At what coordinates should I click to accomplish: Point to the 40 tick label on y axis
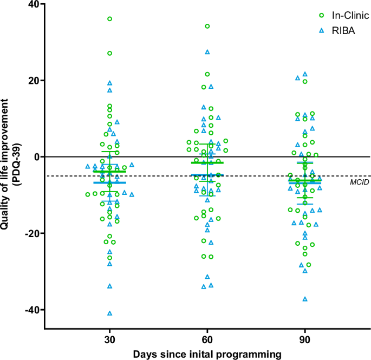pos(32,4)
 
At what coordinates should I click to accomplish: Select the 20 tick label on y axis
pos(32,81)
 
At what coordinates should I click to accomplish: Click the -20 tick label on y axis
pos(30,233)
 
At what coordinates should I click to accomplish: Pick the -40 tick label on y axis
pos(30,310)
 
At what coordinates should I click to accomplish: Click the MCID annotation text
pos(360,181)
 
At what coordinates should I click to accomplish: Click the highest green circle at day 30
pos(110,19)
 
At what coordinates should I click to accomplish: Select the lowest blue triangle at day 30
pos(110,313)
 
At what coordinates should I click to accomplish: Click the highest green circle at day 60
pos(207,26)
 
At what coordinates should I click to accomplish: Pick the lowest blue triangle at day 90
pos(305,299)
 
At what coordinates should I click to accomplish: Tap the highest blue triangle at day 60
pos(207,52)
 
